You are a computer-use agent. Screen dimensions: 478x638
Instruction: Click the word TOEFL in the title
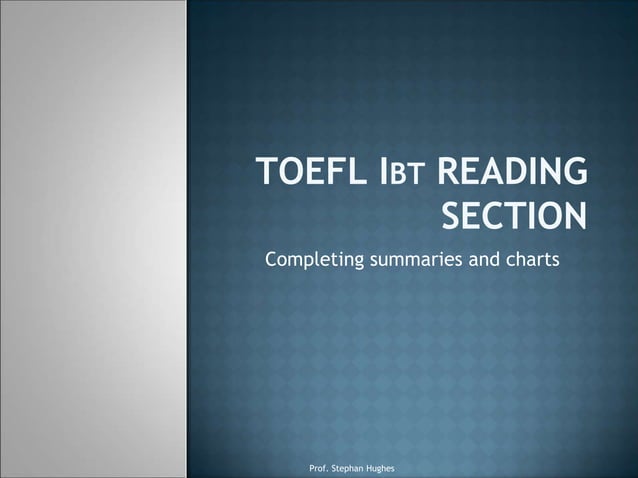(306, 176)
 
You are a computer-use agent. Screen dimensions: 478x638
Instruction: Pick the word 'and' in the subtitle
(483, 262)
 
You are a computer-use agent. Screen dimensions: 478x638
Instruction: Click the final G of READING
(575, 176)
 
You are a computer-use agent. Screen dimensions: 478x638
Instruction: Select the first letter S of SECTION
(452, 215)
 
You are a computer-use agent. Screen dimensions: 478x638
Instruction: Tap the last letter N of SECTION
(575, 215)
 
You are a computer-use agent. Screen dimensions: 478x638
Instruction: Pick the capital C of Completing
(270, 261)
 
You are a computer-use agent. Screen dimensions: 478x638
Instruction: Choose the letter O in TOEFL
(286, 176)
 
